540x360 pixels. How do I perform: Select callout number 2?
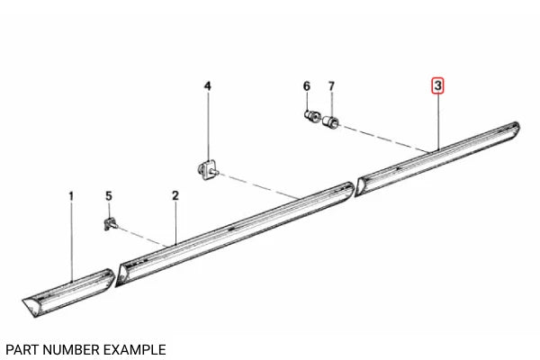(x=175, y=195)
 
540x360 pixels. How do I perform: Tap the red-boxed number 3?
(x=437, y=86)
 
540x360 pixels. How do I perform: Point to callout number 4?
(x=207, y=86)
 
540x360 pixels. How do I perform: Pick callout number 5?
(x=109, y=195)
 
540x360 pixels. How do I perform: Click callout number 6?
(x=306, y=86)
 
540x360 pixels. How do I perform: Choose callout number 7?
(x=330, y=86)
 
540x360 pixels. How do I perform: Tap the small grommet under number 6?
(x=309, y=116)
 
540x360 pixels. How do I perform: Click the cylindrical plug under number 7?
(x=331, y=120)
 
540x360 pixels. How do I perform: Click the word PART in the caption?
(x=23, y=348)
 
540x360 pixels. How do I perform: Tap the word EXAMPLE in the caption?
(x=137, y=348)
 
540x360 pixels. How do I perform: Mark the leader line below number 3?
(x=437, y=121)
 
